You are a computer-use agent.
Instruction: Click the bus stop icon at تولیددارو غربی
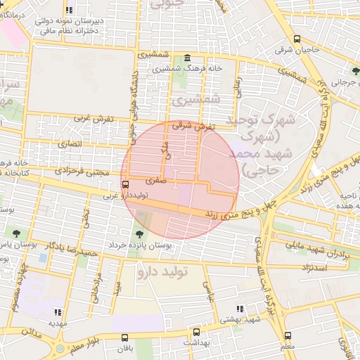pos(125,185)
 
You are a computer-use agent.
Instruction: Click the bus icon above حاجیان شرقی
pos(297,39)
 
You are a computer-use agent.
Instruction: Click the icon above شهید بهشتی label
pos(240,308)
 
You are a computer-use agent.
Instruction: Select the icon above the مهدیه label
pos(58,311)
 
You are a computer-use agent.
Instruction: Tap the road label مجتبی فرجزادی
pos(83,172)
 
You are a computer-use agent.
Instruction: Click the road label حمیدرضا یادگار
pos(70,249)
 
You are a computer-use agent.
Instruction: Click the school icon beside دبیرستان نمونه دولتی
pos(69,10)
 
